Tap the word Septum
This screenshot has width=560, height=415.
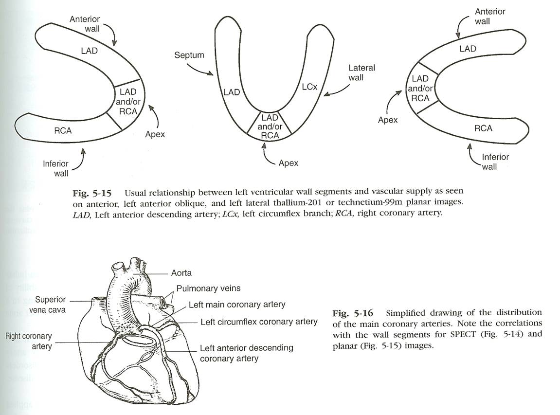click(189, 55)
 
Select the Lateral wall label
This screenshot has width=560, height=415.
click(362, 72)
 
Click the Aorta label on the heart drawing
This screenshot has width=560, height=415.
click(181, 273)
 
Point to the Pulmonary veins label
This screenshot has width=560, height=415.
click(208, 289)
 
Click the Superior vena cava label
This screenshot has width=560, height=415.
click(51, 305)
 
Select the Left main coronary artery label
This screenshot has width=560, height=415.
click(237, 305)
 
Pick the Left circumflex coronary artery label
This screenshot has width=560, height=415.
click(259, 322)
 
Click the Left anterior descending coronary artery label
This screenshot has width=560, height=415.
click(246, 353)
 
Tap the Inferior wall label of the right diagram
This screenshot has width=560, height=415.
click(495, 162)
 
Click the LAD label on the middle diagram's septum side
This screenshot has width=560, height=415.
click(232, 91)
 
